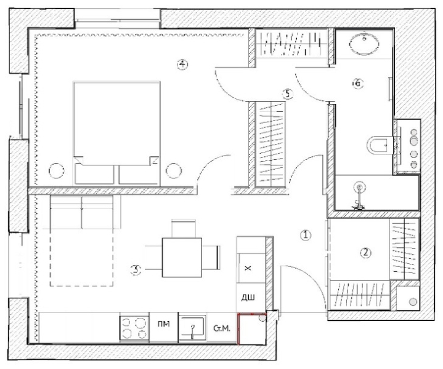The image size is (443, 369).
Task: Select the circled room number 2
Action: point(365,252)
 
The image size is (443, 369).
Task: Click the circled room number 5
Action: point(287,93)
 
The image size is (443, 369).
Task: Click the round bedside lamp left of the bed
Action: point(57,170)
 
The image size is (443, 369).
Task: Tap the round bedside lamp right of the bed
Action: point(175,170)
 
